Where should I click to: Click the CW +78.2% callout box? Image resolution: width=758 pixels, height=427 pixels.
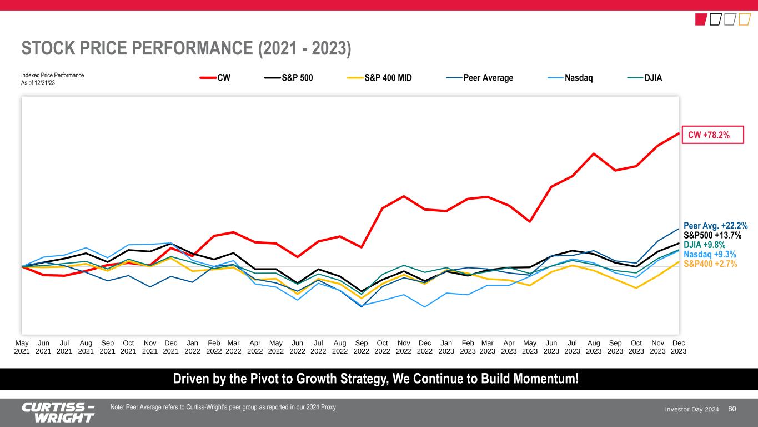[712, 135]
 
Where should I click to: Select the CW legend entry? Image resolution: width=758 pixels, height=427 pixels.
[216, 78]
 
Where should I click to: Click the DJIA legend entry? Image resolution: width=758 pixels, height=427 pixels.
[647, 78]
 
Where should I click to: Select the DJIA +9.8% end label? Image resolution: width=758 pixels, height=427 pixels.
[704, 245]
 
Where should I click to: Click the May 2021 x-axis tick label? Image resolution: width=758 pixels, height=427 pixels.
[22, 347]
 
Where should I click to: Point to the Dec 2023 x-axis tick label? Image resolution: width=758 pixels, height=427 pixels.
[679, 347]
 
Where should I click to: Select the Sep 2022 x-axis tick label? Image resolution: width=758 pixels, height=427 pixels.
[361, 347]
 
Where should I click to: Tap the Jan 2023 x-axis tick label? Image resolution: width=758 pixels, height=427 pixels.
[446, 347]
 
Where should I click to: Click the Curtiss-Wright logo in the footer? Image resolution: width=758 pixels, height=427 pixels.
[58, 412]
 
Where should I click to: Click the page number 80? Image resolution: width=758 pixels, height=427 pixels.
[732, 409]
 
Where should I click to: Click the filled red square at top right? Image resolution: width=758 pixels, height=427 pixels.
[701, 20]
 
